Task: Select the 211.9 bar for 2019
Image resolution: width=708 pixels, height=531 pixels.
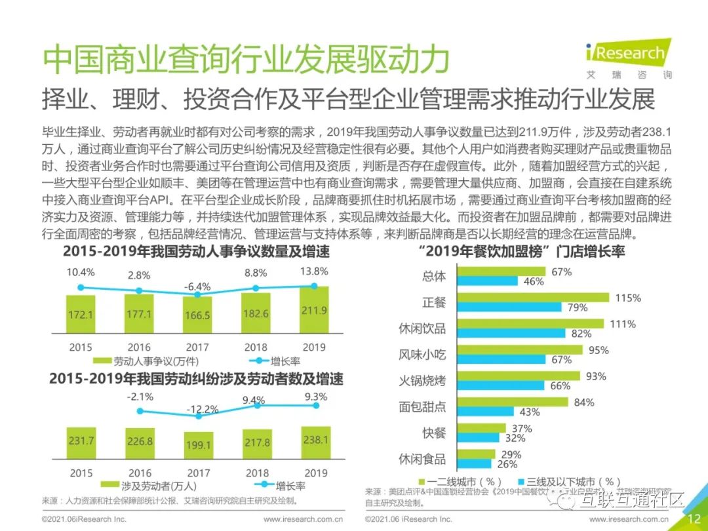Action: coord(315,311)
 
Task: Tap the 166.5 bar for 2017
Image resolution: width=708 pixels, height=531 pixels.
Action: coord(198,316)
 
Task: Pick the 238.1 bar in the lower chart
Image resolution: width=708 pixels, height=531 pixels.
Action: coord(315,441)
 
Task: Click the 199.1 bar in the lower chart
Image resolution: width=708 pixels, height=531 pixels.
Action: coord(198,445)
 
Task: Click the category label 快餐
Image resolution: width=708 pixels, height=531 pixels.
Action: coord(434,433)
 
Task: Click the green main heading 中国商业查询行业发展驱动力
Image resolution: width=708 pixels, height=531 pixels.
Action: coord(246,60)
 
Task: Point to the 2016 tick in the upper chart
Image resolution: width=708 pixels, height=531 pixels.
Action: coord(140,347)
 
